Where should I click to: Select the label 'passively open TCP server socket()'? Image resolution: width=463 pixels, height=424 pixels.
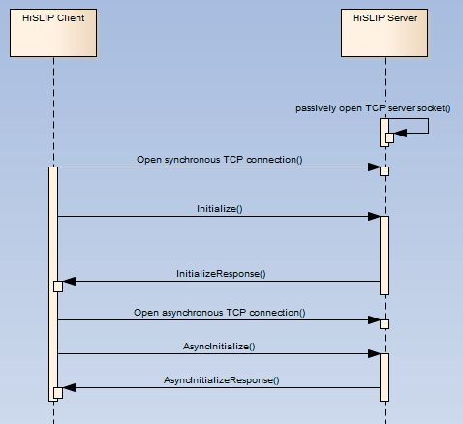373,108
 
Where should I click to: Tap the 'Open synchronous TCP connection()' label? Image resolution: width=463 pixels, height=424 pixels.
220,159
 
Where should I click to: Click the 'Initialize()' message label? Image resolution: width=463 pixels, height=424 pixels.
220,208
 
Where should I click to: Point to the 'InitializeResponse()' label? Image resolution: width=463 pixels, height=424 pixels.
220,274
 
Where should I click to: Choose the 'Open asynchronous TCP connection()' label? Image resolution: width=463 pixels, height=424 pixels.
220,313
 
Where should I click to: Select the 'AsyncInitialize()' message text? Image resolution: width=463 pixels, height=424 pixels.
220,346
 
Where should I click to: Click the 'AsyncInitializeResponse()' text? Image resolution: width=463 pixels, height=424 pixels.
220,380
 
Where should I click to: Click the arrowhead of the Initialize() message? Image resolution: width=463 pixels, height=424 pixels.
374,217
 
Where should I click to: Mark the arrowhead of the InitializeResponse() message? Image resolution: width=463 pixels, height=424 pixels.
68,283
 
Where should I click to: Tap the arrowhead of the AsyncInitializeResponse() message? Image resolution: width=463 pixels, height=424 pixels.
68,388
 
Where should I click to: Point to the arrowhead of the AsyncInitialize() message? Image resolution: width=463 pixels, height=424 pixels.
374,354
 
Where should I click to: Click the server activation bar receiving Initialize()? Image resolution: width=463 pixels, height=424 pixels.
385,254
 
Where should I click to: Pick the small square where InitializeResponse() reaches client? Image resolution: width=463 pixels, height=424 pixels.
58,286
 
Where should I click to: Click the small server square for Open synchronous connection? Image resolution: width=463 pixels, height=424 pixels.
385,171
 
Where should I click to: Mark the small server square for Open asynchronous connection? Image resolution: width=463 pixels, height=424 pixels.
385,324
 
